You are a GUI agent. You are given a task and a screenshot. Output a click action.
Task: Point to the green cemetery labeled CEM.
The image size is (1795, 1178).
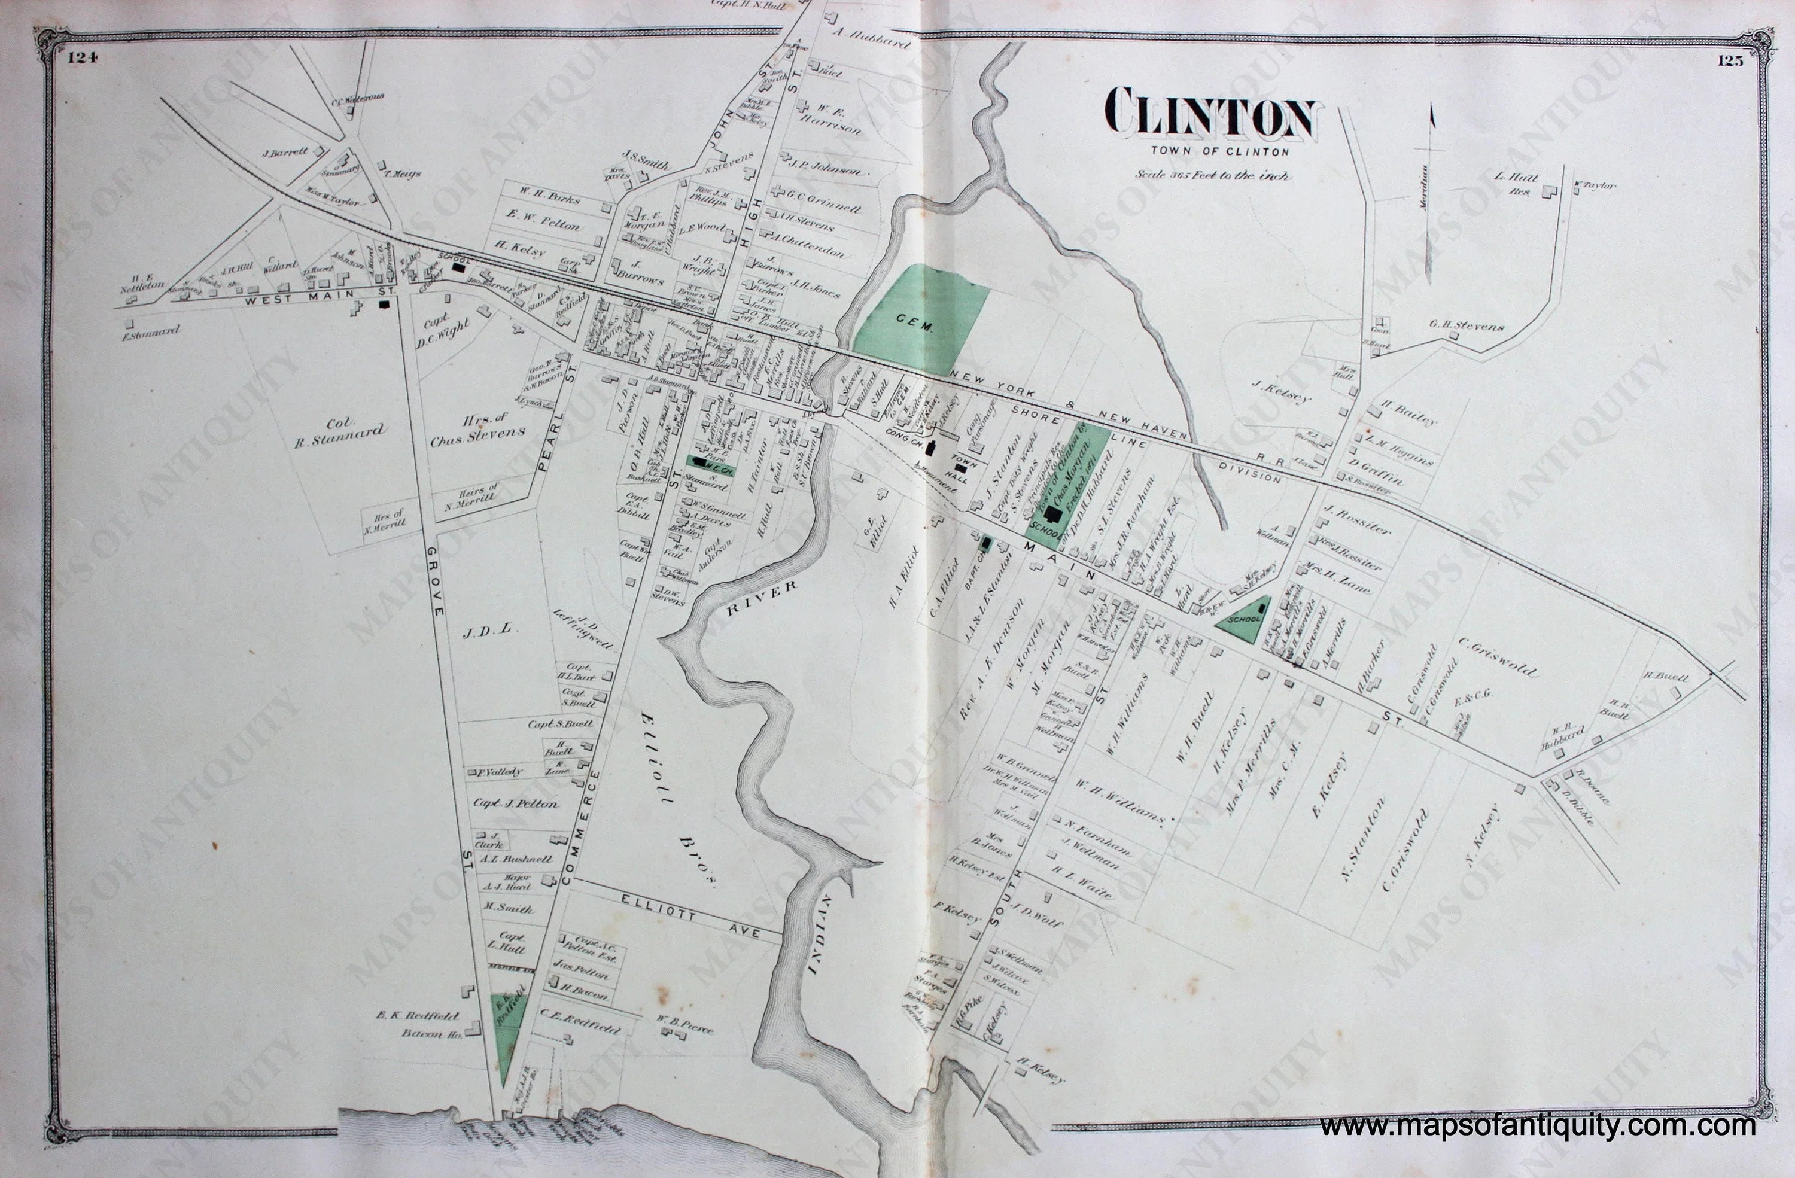click(920, 321)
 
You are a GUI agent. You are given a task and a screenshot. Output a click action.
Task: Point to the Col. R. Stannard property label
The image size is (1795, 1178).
click(338, 434)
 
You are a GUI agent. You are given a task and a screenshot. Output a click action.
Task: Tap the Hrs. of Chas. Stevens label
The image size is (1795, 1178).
click(477, 433)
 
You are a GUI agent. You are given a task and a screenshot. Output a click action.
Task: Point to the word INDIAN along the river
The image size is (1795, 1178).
click(820, 935)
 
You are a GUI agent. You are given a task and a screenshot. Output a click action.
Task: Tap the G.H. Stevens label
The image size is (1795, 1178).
click(1466, 328)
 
